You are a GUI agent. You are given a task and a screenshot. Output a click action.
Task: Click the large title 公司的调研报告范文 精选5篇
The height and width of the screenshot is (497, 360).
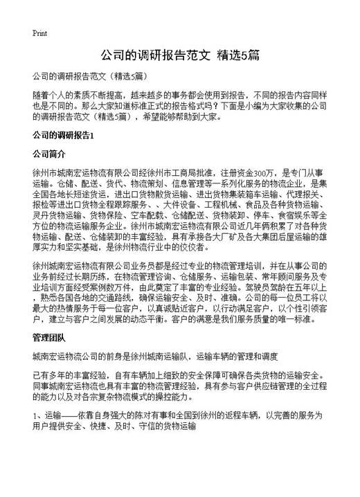[x=180, y=55]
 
